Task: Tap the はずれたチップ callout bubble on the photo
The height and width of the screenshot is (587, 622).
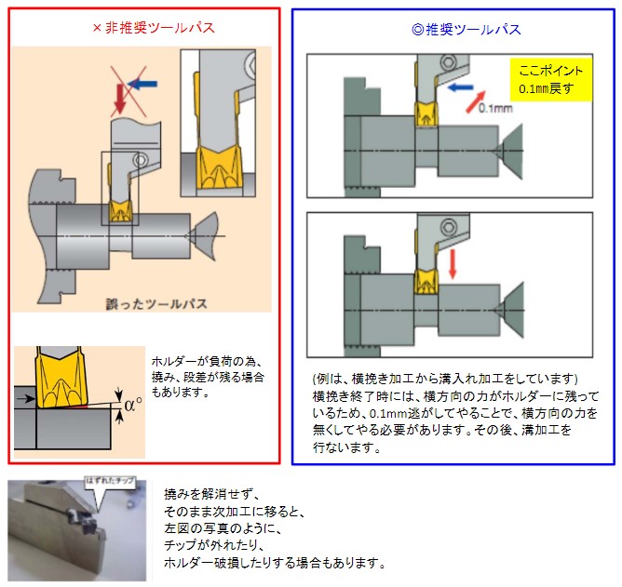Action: click(110, 482)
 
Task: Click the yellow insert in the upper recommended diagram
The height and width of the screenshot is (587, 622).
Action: click(427, 115)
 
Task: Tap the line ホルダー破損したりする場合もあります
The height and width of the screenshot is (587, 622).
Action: click(274, 563)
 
